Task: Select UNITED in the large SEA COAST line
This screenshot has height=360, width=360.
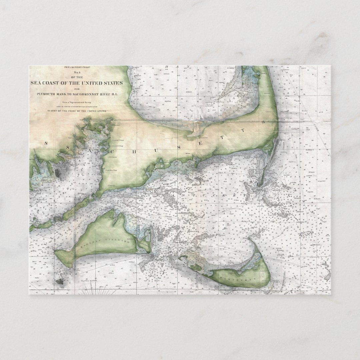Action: (x=95, y=83)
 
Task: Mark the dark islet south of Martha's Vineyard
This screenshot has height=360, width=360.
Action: (x=61, y=281)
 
